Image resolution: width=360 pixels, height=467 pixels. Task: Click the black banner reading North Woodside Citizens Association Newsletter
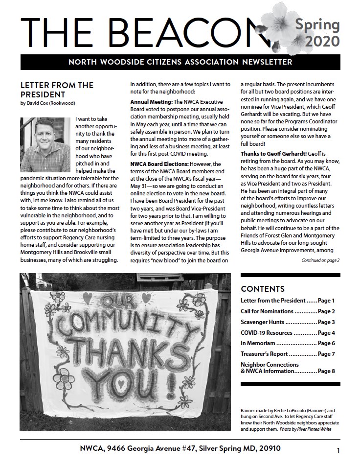(180, 62)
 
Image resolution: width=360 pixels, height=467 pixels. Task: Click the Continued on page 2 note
(320, 260)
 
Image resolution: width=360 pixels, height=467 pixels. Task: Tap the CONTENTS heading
(263, 289)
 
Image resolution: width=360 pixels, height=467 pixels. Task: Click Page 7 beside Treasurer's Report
(326, 353)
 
